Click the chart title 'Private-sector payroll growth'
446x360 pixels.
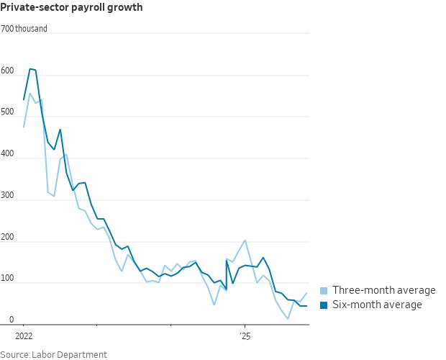click(71, 7)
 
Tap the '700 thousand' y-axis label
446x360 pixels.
click(24, 29)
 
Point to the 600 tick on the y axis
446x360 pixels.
click(7, 71)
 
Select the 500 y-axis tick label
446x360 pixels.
click(7, 112)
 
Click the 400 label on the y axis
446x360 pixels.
click(7, 153)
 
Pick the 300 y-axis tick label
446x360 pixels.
click(7, 195)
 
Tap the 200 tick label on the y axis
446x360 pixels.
click(7, 237)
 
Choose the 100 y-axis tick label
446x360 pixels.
click(7, 278)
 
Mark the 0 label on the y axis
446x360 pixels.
click(12, 320)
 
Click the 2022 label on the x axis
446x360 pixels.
click(24, 336)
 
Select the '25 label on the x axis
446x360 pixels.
click(245, 336)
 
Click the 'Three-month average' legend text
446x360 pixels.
click(384, 290)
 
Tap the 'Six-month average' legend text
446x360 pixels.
click(377, 305)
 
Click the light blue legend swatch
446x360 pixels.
click(324, 291)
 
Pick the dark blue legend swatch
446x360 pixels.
click(324, 305)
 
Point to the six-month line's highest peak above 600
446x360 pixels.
click(30, 69)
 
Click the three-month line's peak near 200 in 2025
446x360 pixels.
click(245, 240)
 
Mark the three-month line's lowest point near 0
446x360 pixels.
click(288, 318)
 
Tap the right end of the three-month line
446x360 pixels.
click(306, 293)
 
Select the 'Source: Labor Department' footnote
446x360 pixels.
click(54, 355)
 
